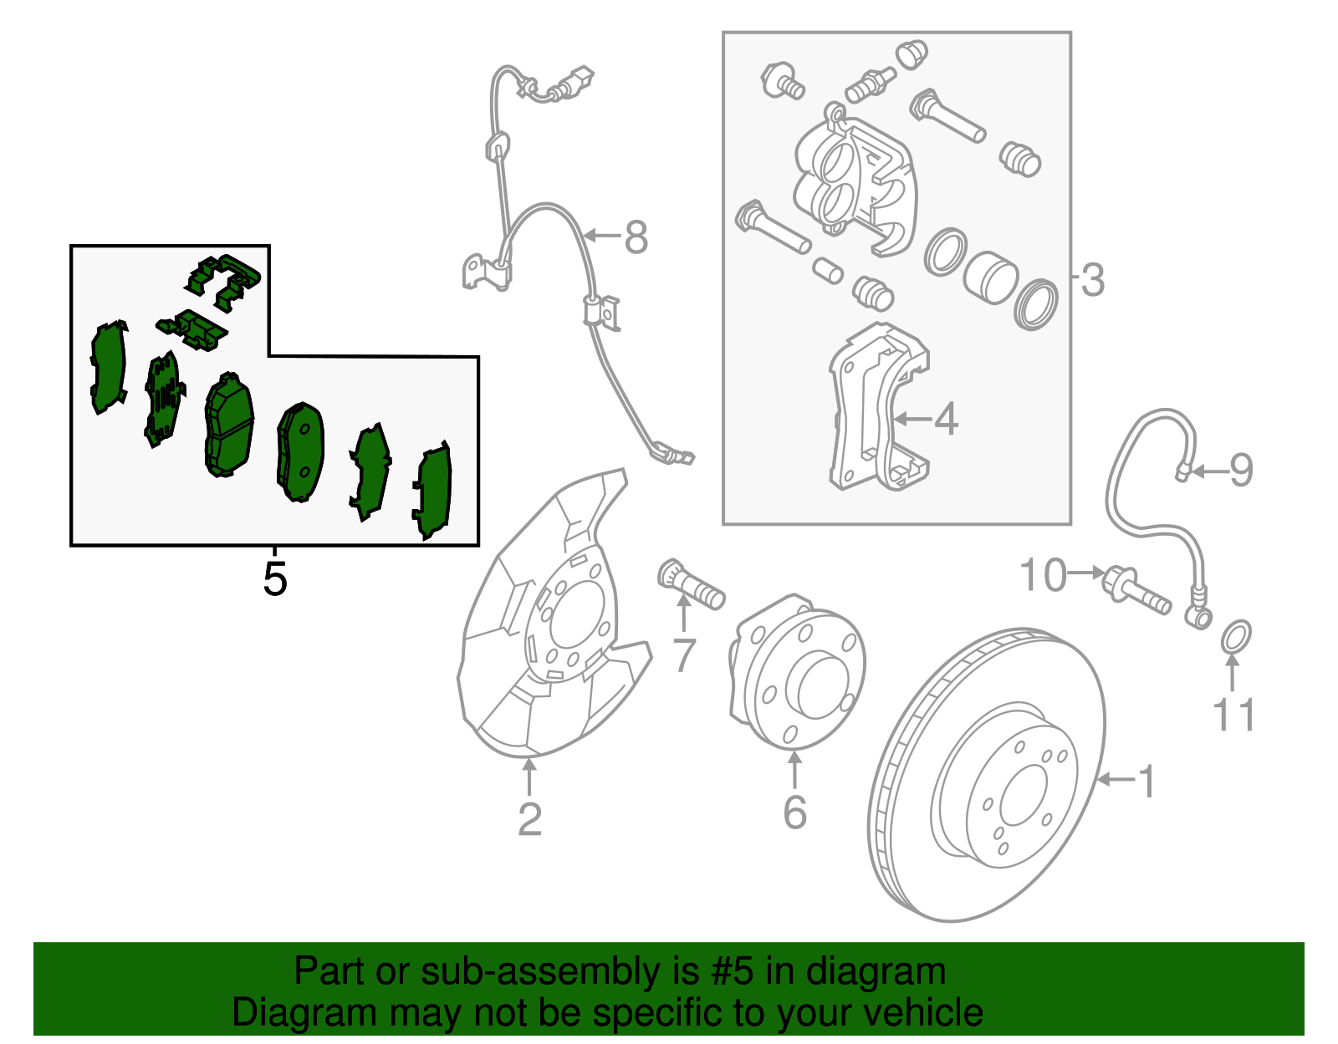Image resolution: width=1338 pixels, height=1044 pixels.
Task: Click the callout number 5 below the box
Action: (x=274, y=578)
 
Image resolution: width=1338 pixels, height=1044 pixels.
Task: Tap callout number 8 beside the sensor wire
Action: (x=636, y=237)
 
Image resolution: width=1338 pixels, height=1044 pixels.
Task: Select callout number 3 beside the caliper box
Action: (x=1092, y=280)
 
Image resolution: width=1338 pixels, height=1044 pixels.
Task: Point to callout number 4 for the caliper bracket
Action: (x=946, y=419)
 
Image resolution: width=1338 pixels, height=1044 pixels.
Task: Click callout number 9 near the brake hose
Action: (x=1241, y=470)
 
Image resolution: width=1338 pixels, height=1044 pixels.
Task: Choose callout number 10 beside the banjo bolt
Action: (x=1044, y=575)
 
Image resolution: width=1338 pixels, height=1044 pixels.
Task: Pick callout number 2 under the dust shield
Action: (x=529, y=819)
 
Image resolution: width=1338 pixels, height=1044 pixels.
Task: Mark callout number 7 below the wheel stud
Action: (x=684, y=654)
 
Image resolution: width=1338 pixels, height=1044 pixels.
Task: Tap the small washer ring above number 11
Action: (x=1237, y=637)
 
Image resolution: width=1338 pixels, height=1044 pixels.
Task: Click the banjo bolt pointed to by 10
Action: (x=1135, y=589)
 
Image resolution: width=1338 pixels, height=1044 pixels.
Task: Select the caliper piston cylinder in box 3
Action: (x=989, y=277)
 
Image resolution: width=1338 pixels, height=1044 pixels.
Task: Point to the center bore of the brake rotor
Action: (x=1023, y=795)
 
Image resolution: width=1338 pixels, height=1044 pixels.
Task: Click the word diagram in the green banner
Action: (x=895, y=972)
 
